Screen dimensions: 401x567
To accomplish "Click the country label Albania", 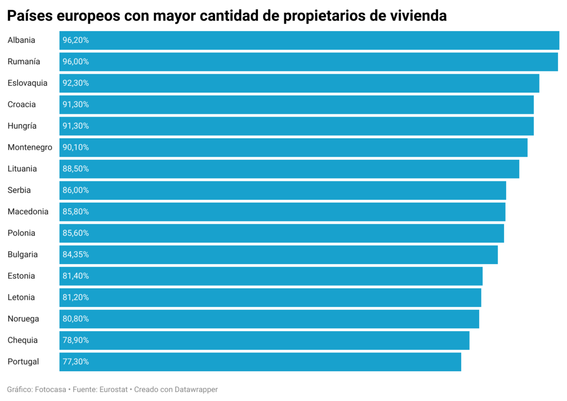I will pos(21,40).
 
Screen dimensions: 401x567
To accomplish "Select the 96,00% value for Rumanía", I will pos(76,62).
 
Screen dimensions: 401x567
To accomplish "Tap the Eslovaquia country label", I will pos(27,83).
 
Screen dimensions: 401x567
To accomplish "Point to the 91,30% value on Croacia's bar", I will pos(76,104).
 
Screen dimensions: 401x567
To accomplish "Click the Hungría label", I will pos(22,126).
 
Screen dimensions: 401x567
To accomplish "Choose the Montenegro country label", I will pos(30,147).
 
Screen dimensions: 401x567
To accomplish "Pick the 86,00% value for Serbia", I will pos(76,190).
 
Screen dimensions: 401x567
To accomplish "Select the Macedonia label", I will pos(28,212).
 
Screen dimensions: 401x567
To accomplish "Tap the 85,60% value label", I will pos(76,233).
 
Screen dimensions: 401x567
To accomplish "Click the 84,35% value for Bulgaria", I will pos(76,255).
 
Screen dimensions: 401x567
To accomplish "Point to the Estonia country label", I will pos(21,276).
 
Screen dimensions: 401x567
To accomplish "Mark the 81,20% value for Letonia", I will pos(76,298).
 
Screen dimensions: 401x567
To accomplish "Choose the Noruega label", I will pos(23,319).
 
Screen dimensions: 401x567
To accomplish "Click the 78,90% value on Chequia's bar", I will pos(76,340).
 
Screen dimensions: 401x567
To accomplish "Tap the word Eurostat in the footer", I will pos(114,390).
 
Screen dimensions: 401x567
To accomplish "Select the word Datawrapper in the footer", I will pos(196,390).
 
